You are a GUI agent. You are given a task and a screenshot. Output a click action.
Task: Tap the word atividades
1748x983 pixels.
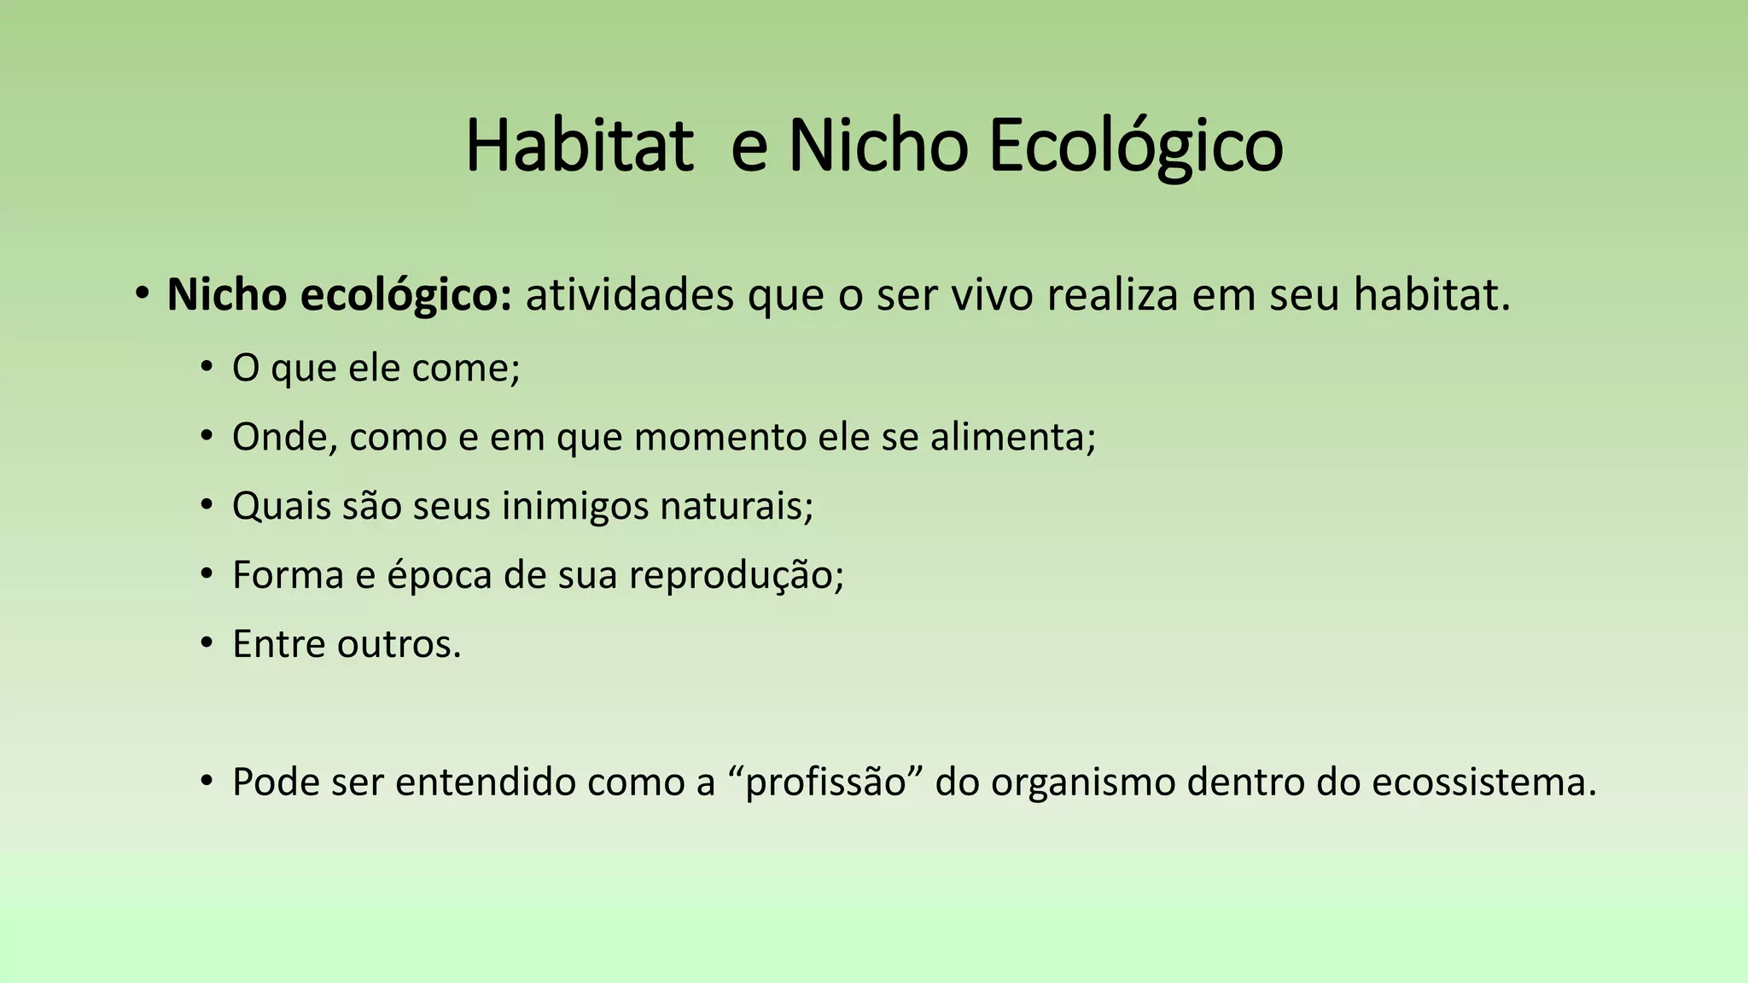click(x=629, y=295)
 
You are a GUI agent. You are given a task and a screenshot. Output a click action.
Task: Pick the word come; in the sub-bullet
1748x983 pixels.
click(x=466, y=369)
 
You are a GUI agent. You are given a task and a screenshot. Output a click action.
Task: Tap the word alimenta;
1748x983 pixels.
click(x=1012, y=437)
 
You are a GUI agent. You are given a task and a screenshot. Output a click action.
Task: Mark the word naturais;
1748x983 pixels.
click(x=737, y=506)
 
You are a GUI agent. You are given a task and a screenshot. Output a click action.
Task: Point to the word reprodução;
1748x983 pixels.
click(x=737, y=575)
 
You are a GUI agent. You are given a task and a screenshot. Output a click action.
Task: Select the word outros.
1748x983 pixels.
click(x=399, y=644)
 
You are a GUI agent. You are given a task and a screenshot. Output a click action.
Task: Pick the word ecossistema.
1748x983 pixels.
click(x=1483, y=782)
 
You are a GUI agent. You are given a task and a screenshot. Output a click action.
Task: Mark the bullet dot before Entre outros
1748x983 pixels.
click(x=206, y=643)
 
